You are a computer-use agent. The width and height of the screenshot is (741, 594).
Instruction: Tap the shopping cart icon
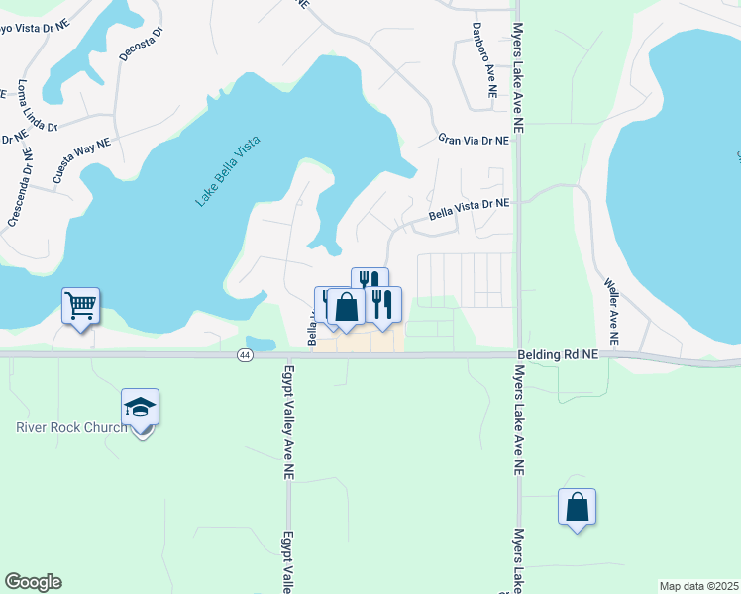[80, 305]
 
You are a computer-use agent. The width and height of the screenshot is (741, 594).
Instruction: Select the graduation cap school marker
[141, 405]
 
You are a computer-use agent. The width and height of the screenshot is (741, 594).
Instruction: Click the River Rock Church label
[71, 428]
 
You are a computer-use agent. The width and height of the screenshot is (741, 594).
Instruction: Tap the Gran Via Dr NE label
[474, 142]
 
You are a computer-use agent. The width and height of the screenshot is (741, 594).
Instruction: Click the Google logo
[33, 582]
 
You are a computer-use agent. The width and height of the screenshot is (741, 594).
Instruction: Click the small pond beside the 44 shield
[260, 344]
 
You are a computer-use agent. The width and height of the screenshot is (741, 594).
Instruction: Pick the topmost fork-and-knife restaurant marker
[369, 281]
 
